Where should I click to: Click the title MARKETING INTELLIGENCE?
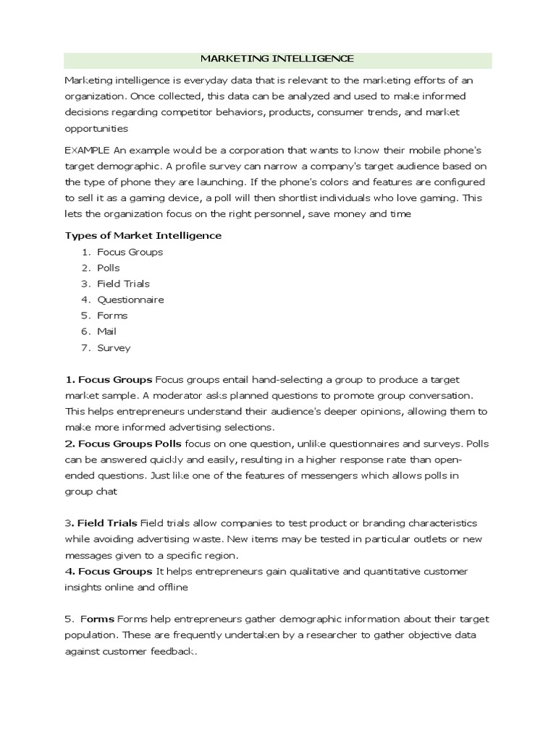point(277,59)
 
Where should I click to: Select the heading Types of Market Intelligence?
point(143,235)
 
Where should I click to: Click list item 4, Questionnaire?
point(130,300)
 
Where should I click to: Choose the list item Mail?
point(107,331)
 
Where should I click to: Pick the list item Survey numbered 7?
point(114,347)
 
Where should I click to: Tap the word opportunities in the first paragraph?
point(96,128)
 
